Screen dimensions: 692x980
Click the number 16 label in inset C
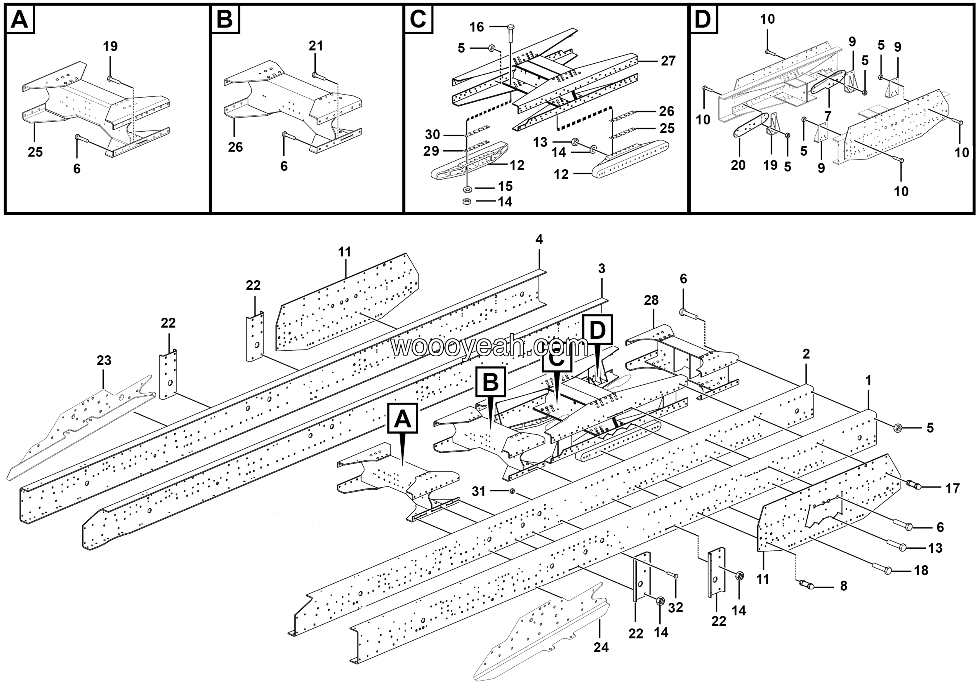(x=476, y=27)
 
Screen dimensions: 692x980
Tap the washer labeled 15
(x=467, y=188)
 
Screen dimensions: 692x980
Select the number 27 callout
(x=668, y=61)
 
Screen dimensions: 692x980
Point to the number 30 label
(x=432, y=135)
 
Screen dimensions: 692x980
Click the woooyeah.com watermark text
(x=490, y=346)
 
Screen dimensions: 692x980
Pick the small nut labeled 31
(x=513, y=491)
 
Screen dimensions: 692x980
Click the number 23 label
(x=104, y=361)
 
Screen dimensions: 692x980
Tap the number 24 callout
(x=601, y=648)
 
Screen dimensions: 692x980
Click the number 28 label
(x=651, y=300)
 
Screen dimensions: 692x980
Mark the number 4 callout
(x=539, y=239)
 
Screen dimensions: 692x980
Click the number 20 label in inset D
(x=738, y=165)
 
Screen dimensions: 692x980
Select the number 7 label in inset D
(x=828, y=116)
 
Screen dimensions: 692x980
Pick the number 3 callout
(x=601, y=269)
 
